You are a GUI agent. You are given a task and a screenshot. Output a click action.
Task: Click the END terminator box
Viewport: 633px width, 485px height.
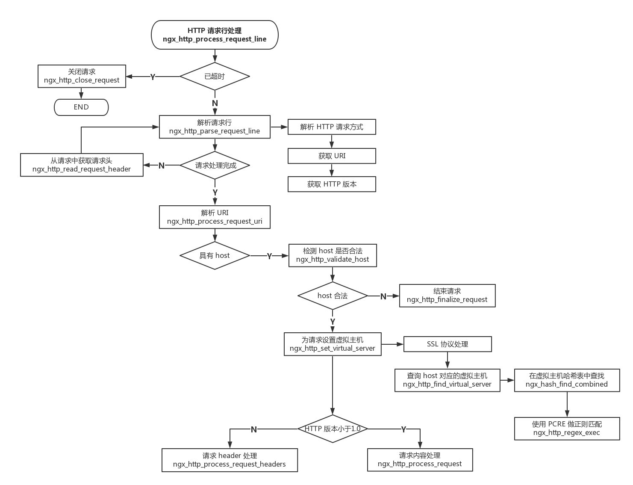pos(81,107)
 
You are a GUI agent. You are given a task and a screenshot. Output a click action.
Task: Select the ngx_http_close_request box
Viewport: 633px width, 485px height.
pos(82,76)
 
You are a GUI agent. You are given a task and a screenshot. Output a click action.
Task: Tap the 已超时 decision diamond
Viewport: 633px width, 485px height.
pos(215,77)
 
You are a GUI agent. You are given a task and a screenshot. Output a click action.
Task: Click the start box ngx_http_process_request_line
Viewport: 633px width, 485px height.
pos(215,35)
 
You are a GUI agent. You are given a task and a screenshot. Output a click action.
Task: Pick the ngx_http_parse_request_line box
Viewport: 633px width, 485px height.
pos(215,127)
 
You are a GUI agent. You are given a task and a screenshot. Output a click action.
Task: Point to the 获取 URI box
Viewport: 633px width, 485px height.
pos(332,156)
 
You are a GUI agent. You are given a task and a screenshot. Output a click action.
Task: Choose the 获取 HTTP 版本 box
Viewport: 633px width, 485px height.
pos(332,184)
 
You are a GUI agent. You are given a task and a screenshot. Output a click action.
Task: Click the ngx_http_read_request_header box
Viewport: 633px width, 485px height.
pos(82,165)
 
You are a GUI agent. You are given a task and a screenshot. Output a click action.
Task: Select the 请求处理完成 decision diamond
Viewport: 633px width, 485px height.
pos(215,166)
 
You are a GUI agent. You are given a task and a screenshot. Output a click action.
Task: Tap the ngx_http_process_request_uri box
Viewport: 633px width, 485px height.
pos(215,217)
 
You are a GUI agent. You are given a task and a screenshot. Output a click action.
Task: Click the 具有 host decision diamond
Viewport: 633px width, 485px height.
pos(215,256)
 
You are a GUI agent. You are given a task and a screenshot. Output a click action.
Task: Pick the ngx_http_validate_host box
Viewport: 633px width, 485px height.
pos(333,255)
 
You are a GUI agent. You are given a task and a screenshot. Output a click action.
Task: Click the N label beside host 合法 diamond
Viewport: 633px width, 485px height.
pos(383,296)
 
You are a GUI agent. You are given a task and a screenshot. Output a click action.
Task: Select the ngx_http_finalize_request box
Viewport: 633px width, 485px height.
pos(447,296)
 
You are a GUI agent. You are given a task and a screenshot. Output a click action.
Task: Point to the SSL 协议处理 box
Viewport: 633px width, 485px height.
pos(448,344)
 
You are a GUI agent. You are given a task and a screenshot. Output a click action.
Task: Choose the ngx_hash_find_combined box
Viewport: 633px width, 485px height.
pos(567,380)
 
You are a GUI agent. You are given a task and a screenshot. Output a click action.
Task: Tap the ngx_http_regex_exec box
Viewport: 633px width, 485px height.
pos(567,429)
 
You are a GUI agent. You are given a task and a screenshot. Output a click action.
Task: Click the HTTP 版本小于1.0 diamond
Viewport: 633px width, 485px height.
pos(333,429)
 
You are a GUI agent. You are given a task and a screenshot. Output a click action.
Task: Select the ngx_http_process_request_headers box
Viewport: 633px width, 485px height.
pos(230,460)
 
